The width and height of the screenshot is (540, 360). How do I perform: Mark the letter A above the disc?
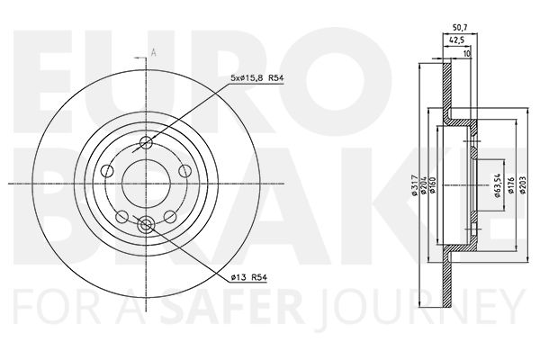point(154,52)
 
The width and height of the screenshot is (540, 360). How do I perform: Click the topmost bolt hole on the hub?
point(149,140)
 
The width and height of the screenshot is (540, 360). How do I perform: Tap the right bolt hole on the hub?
point(185,171)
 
